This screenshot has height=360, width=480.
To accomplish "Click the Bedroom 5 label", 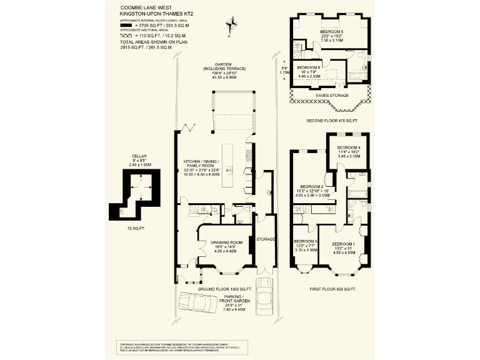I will pos(332,32).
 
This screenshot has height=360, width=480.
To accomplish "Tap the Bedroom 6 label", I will pos(309,67).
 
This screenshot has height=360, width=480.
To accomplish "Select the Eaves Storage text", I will pos(331,96).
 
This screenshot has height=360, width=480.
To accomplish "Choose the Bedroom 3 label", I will pos(306,242).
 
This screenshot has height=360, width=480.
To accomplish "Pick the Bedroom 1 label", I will pos(344,244).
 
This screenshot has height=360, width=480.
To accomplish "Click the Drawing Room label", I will pos(226,242).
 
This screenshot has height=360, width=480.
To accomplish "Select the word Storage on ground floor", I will pos(266,239).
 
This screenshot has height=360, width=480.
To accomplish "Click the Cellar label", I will pos(139,157).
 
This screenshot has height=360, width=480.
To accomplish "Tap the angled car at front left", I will pos(198,302).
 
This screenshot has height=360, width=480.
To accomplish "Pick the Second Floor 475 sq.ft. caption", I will pos(332,120).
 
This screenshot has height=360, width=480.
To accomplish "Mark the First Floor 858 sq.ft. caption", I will pos(332,289).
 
